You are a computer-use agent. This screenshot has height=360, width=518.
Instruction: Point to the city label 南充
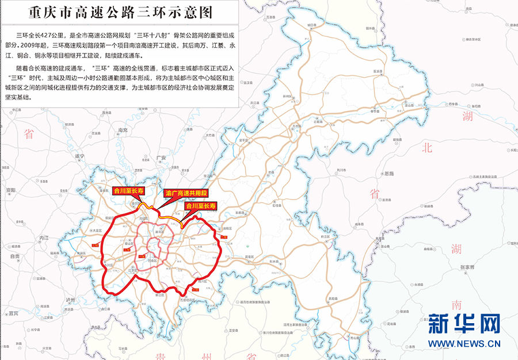(122, 131)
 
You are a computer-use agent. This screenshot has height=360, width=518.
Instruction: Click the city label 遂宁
(79, 156)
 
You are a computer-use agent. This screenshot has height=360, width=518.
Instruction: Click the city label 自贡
(15, 256)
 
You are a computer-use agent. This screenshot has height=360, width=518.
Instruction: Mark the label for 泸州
(70, 300)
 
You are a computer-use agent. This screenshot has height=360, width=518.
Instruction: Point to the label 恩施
(389, 173)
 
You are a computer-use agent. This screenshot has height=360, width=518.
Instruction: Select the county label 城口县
(312, 25)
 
